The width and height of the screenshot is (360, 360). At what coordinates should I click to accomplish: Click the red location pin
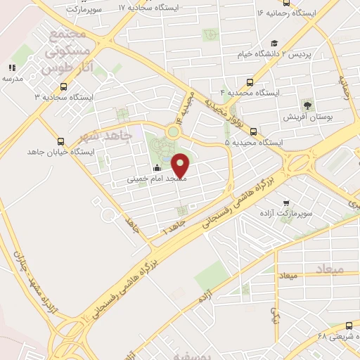[x=181, y=166]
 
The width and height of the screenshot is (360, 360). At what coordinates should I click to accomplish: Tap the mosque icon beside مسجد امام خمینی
[x=156, y=167]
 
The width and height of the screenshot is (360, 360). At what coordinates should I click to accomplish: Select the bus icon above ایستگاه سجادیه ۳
[x=64, y=86]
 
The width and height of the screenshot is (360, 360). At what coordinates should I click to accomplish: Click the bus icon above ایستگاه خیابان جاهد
[x=60, y=141]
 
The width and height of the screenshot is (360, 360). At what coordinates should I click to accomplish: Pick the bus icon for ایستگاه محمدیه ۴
[x=250, y=82]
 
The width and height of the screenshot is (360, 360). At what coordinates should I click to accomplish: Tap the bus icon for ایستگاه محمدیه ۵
[x=253, y=131]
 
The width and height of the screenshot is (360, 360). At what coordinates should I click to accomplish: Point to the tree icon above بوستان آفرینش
[x=307, y=105]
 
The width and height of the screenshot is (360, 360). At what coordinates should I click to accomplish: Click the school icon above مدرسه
[x=12, y=67]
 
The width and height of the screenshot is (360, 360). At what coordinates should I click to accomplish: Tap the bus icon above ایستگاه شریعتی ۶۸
[x=350, y=325]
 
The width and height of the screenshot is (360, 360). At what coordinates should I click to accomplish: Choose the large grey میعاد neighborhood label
[x=328, y=269]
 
